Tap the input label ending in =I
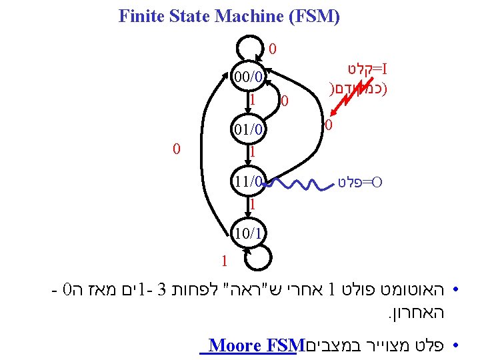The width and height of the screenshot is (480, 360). click(367, 69)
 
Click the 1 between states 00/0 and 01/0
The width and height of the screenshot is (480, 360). click(253, 100)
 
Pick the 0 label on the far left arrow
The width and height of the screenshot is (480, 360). click(177, 149)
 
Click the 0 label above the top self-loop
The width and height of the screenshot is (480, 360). click(273, 49)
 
